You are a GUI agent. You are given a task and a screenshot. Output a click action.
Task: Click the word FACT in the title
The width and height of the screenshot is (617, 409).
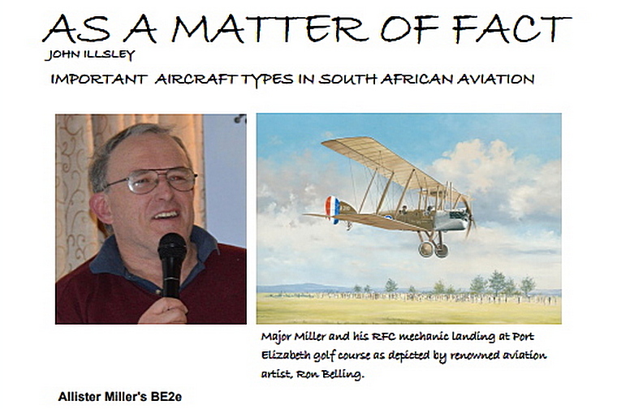coord(511,28)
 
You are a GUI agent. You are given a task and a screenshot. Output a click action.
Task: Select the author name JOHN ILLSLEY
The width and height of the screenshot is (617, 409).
coord(90,54)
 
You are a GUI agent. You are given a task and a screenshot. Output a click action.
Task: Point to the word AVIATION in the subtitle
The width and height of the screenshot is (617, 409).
coord(495,79)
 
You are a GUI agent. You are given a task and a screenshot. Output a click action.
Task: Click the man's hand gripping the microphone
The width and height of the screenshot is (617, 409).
coord(163,310)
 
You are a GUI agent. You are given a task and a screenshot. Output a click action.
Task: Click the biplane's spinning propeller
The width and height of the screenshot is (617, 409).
coord(468,216)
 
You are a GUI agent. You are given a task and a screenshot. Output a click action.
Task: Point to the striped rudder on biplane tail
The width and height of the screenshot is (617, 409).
coord(332,209)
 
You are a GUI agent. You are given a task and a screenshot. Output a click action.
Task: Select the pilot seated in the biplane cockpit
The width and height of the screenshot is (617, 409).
coord(403,209)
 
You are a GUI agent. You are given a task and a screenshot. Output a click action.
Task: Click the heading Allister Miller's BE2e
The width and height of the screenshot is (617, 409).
coord(120,396)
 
